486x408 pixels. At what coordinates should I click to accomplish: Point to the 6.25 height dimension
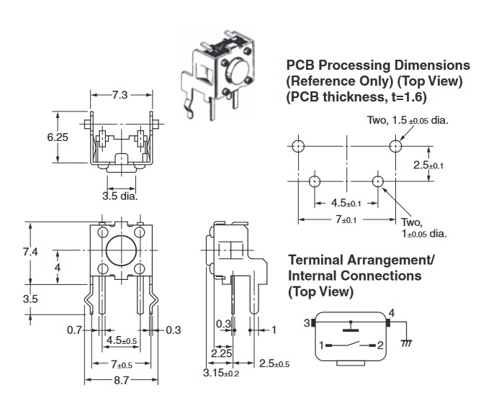tap(58, 137)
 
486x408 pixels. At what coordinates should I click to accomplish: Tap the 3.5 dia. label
tap(120, 194)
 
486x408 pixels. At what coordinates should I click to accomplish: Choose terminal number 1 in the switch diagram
tap(321, 345)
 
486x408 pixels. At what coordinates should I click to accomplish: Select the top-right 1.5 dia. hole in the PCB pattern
tap(395, 146)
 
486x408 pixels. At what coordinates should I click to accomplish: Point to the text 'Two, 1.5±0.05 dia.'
tap(408, 120)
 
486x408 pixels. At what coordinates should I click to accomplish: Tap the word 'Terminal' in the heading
tap(317, 259)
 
